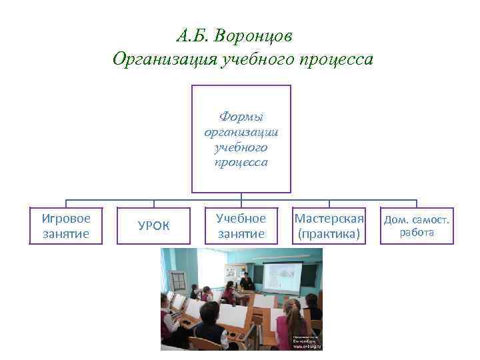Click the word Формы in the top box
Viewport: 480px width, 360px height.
[x=241, y=117]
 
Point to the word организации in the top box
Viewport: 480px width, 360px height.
[x=241, y=132]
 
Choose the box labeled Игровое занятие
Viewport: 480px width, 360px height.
[x=65, y=225]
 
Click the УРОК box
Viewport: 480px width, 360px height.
[x=153, y=226]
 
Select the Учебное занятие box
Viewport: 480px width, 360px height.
[x=241, y=225]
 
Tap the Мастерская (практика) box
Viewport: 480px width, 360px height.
[x=329, y=226]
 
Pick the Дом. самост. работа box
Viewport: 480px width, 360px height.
[x=417, y=225]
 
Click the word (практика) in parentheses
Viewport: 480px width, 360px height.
[x=329, y=234]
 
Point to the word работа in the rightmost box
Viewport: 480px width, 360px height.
[x=417, y=233]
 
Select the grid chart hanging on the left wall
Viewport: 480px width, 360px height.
[x=178, y=281]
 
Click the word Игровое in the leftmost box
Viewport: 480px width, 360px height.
[x=65, y=218]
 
